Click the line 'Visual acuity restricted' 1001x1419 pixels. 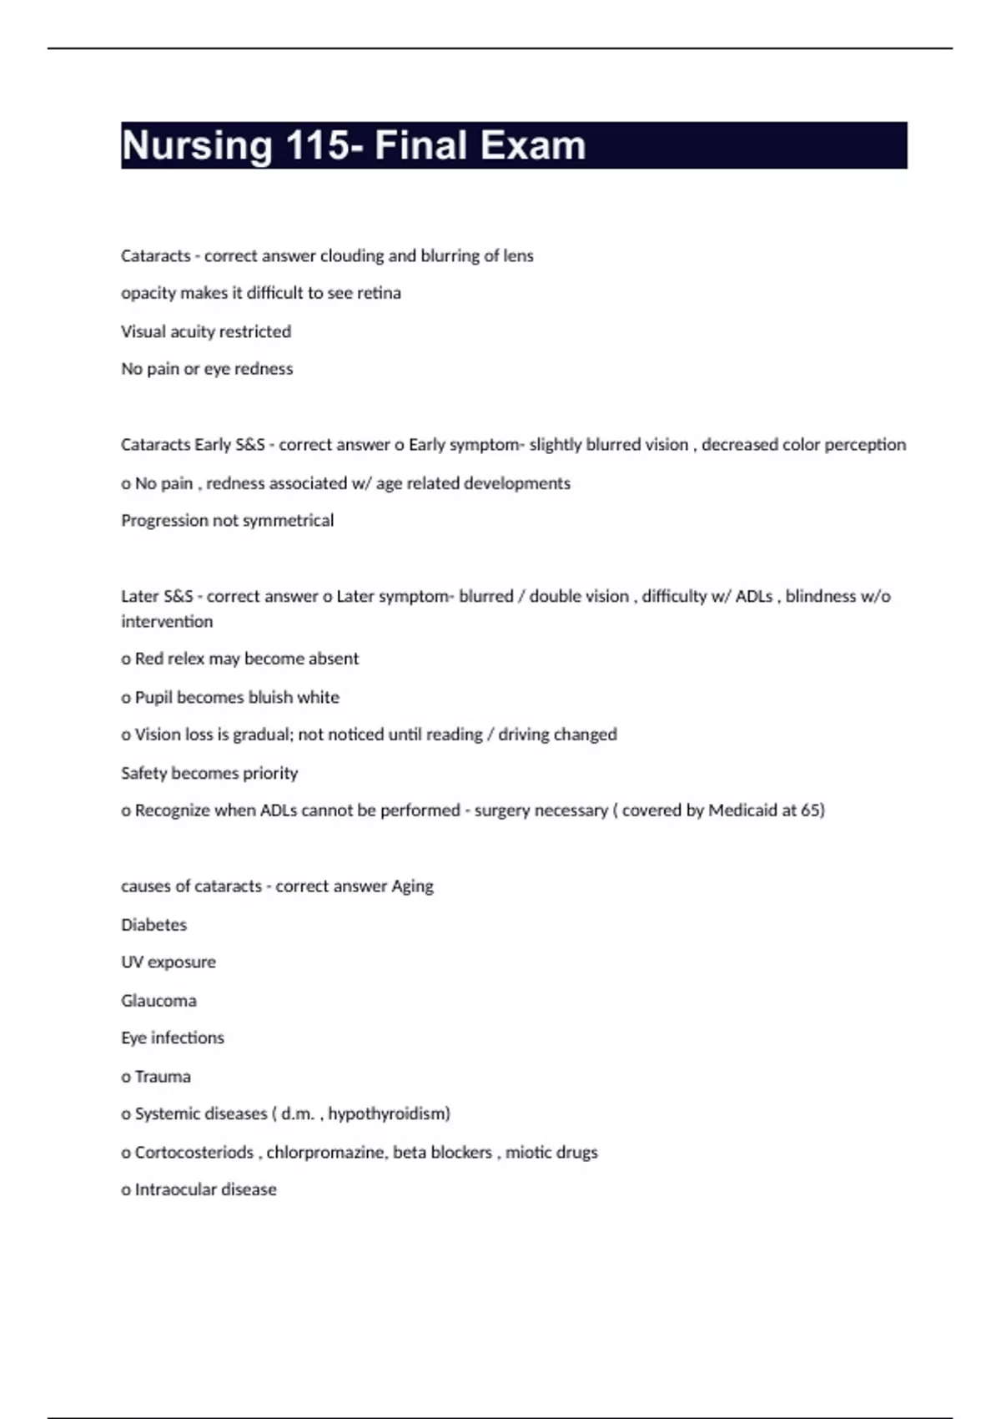tap(206, 331)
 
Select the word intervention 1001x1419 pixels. tap(167, 621)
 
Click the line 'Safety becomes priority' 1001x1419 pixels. tap(209, 773)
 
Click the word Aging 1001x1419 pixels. tap(412, 886)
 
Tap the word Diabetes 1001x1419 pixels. tap(154, 925)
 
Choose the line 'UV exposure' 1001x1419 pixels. tap(169, 962)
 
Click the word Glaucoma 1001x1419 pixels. tap(158, 1001)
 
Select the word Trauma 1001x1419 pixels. tap(163, 1077)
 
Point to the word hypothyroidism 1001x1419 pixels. tap(389, 1113)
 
